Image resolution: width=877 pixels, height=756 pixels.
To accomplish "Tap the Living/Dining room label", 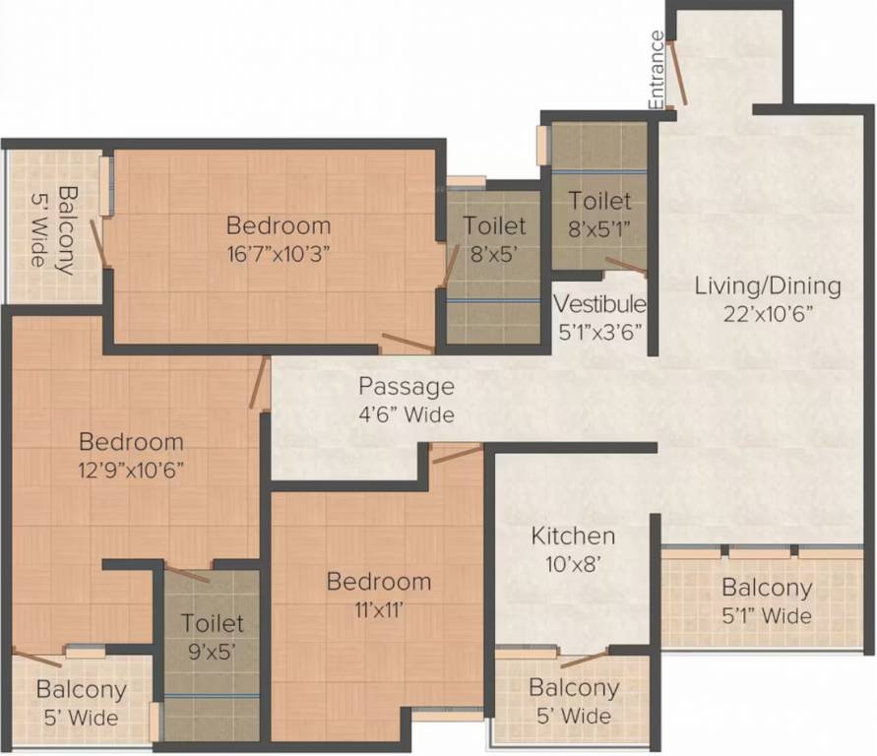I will point(768,286).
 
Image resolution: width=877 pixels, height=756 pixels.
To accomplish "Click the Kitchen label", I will point(573,536).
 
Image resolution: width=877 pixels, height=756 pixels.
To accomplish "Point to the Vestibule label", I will point(599,303).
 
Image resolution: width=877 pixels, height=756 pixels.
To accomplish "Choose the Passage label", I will point(406,386).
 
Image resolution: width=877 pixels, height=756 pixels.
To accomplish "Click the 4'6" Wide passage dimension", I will point(406,414).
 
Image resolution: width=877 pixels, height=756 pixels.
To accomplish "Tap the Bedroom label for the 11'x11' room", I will point(379,582).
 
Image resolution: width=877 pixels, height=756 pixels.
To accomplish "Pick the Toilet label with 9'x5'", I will point(213,623).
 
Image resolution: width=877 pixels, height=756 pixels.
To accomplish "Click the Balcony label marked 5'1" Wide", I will point(767,589).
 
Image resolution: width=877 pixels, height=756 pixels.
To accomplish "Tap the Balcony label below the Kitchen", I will point(573,688).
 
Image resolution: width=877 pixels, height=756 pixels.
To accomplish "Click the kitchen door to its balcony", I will point(584,659).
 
